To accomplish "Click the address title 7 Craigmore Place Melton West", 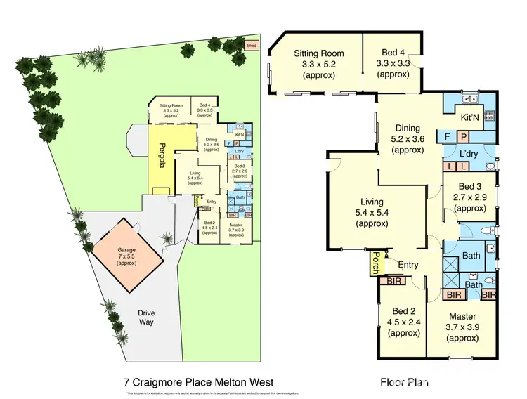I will [197, 382].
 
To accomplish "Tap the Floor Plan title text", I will [403, 383].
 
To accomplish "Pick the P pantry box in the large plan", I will [463, 136].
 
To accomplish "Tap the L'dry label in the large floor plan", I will [469, 153].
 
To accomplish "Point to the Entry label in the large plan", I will [408, 265].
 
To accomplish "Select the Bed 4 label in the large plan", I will [392, 53].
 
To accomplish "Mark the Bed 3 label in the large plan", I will [470, 186].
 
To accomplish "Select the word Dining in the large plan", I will [407, 129].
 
